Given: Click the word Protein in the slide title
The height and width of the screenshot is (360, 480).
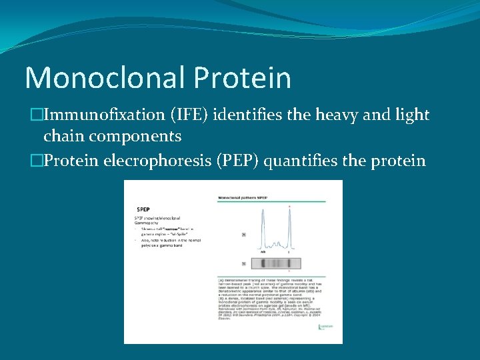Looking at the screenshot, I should [243, 78].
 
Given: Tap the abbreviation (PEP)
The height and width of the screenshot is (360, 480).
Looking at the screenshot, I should [238, 161].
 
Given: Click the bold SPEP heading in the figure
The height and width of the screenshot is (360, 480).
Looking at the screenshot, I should [143, 209].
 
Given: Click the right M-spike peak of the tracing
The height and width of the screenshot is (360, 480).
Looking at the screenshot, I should [289, 227].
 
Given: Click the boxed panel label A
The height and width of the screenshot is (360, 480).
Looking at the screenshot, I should [225, 235].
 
